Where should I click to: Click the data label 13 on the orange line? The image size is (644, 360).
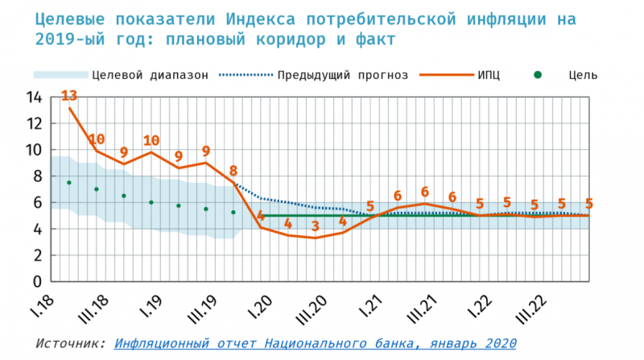click(x=69, y=97)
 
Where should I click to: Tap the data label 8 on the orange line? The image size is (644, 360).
click(x=233, y=171)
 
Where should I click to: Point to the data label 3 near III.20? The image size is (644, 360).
click(x=316, y=226)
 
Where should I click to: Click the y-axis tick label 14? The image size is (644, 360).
click(x=34, y=97)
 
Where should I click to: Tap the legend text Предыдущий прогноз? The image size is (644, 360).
click(x=344, y=75)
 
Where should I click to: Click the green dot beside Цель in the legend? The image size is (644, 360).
click(x=539, y=75)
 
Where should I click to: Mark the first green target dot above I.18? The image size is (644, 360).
click(x=69, y=183)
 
